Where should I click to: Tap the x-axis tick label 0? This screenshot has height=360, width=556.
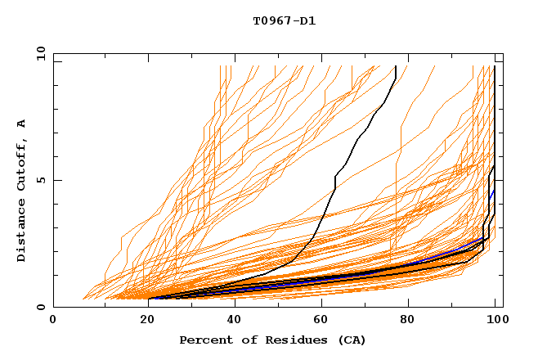(53, 322)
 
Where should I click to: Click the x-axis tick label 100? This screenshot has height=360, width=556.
(495, 322)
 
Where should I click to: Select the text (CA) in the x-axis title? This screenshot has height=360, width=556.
(352, 340)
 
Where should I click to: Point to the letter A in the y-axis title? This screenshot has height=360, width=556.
(22, 123)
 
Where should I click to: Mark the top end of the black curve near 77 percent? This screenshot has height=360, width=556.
(396, 66)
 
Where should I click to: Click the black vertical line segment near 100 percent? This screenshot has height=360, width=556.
(495, 123)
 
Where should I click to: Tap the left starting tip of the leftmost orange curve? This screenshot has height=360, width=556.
(84, 299)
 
